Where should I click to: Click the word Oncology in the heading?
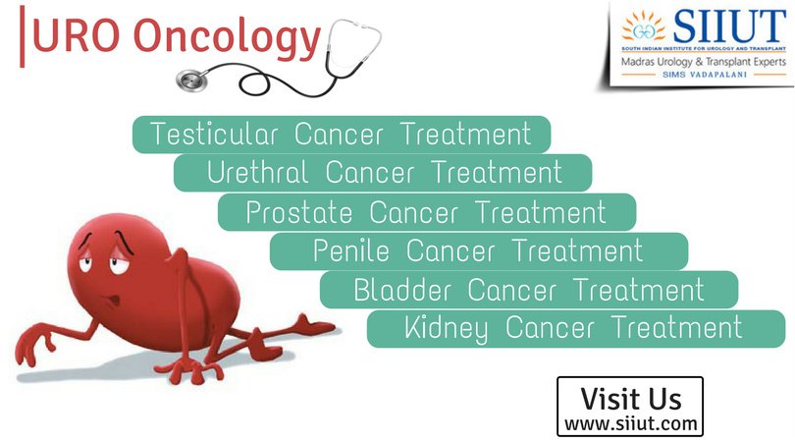(227, 38)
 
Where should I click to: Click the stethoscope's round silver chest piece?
(192, 81)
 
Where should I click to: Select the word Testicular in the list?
(214, 134)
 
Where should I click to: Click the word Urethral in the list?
(257, 172)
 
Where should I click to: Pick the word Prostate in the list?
(299, 211)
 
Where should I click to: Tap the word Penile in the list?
(351, 250)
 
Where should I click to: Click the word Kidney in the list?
(447, 329)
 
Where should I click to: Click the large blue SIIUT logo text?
(729, 27)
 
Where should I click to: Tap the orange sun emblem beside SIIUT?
(643, 27)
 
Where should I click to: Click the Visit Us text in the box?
(631, 399)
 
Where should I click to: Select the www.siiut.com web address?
(631, 423)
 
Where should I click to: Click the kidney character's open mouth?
(114, 301)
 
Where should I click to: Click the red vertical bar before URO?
(22, 36)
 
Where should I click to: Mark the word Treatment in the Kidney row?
(678, 327)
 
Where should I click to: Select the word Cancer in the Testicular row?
(339, 134)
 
